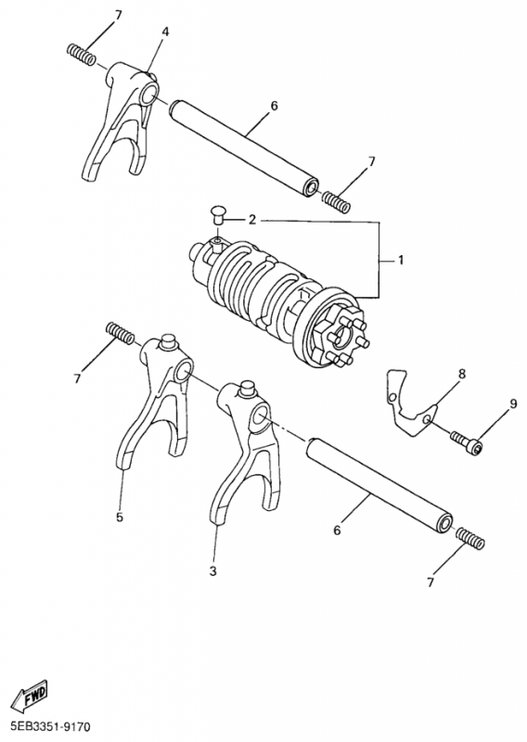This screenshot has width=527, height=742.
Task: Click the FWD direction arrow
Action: (30, 698)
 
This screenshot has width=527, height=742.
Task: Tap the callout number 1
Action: (401, 260)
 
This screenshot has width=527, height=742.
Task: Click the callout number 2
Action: (251, 220)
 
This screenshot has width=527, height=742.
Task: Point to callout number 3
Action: (213, 571)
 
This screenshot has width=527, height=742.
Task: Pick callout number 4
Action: (165, 32)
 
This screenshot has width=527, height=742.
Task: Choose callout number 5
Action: (120, 517)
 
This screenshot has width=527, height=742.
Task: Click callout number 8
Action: (461, 375)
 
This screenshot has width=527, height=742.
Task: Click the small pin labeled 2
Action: (217, 215)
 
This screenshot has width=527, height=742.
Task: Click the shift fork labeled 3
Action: (241, 450)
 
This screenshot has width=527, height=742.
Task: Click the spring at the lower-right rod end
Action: (470, 540)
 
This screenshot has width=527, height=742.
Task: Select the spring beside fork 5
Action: (120, 332)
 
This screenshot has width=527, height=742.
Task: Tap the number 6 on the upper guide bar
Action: (274, 106)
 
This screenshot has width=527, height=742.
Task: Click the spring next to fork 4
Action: (82, 55)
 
